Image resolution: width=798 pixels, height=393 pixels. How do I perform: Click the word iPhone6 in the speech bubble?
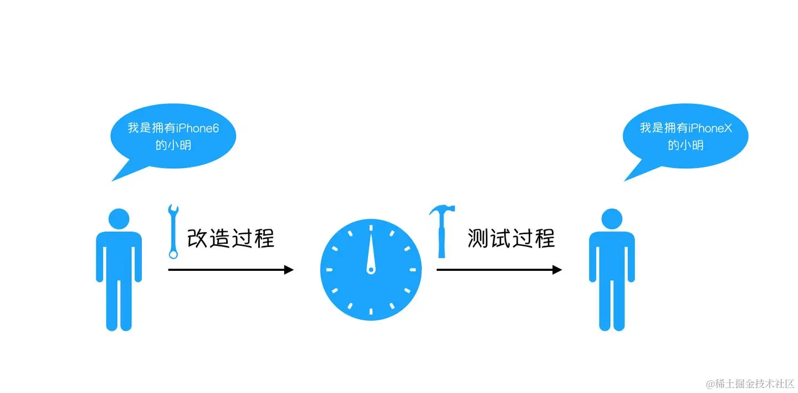(x=198, y=128)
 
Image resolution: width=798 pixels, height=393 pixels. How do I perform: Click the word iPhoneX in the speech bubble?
(x=710, y=128)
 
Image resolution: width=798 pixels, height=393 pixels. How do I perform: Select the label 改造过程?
(x=231, y=239)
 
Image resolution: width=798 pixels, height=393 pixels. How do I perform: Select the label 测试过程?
(x=510, y=239)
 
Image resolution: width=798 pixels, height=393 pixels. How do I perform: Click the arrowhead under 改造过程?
(x=288, y=270)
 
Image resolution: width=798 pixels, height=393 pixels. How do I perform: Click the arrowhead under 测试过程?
(x=557, y=270)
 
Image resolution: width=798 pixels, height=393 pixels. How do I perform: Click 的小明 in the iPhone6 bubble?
(x=173, y=145)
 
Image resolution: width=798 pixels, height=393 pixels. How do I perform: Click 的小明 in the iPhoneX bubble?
(x=686, y=145)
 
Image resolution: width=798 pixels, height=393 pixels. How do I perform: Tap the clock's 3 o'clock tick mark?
(x=412, y=270)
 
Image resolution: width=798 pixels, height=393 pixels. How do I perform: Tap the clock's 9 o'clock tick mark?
(x=329, y=270)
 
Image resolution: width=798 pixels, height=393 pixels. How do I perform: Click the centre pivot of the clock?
(x=371, y=270)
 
